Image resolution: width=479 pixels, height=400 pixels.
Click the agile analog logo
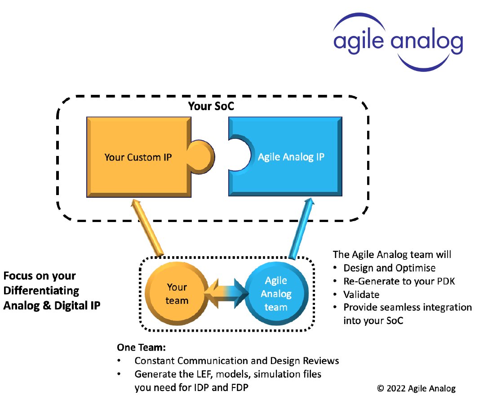tap(398, 41)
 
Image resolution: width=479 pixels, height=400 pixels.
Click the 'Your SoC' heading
tap(212, 107)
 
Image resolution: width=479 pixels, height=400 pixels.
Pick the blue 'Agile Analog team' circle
tap(275, 293)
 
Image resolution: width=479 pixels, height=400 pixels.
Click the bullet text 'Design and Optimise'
tap(389, 268)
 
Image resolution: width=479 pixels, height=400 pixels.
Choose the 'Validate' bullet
tap(361, 295)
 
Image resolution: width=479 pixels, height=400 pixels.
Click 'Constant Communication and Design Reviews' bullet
tap(236, 361)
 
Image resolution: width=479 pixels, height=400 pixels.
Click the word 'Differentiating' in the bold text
tap(41, 290)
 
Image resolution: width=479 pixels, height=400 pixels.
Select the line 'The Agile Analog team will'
tap(392, 254)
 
